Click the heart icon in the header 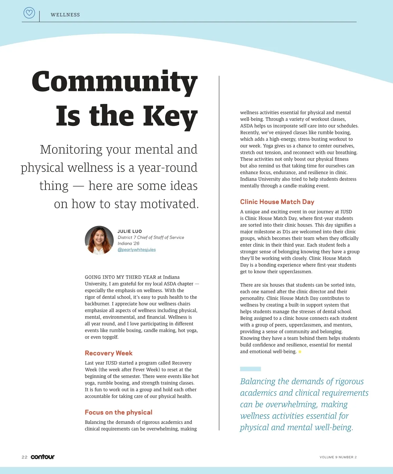click(x=29, y=13)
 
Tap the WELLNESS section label click(x=65, y=15)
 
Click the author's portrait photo click(x=99, y=240)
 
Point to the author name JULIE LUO click(x=130, y=231)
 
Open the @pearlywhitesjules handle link click(x=137, y=249)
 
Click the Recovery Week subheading click(x=108, y=353)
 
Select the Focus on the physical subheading click(x=119, y=412)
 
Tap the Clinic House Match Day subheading click(x=277, y=202)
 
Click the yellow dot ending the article click(x=300, y=352)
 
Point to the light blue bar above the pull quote click(x=251, y=369)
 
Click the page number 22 click(x=25, y=457)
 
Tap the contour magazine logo click(x=43, y=457)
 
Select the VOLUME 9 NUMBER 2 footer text click(x=338, y=457)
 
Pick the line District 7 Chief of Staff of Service click(x=151, y=237)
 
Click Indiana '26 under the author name click(x=128, y=243)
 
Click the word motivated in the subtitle click(x=169, y=204)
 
